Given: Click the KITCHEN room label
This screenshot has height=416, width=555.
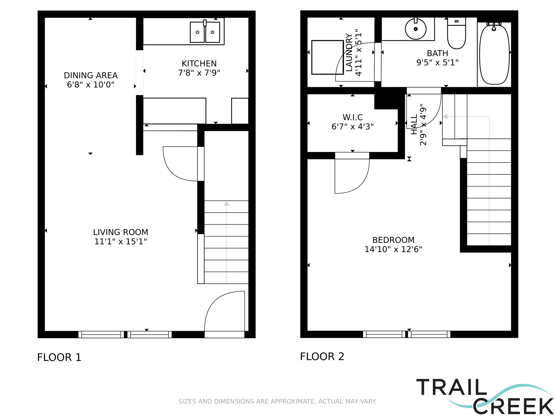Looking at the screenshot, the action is tap(199, 63).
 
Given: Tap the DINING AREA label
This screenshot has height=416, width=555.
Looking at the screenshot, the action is tap(91, 75).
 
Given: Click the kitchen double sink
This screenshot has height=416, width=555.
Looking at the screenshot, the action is tap(205, 32).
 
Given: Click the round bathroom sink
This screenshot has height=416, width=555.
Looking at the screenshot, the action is tap(416, 29).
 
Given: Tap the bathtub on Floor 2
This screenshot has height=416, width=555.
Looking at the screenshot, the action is tap(494, 54).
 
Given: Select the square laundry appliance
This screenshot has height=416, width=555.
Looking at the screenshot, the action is tap(327, 57).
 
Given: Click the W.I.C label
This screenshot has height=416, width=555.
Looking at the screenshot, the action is tap(353, 117).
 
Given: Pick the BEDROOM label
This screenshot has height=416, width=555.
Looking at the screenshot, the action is tap(393, 240).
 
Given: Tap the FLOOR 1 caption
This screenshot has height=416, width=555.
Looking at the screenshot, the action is tap(59, 357).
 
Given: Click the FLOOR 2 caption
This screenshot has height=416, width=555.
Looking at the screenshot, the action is tap(322, 356).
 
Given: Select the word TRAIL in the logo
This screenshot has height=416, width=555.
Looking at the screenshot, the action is tap(452, 387).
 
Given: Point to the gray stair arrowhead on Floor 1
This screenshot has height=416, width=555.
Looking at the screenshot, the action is tap(227, 203).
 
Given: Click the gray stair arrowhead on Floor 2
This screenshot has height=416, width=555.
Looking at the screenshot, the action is tap(445, 116).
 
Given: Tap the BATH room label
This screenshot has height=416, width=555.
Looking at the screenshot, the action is tap(437, 53).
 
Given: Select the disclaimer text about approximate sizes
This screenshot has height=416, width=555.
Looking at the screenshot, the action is tap(277, 401).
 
